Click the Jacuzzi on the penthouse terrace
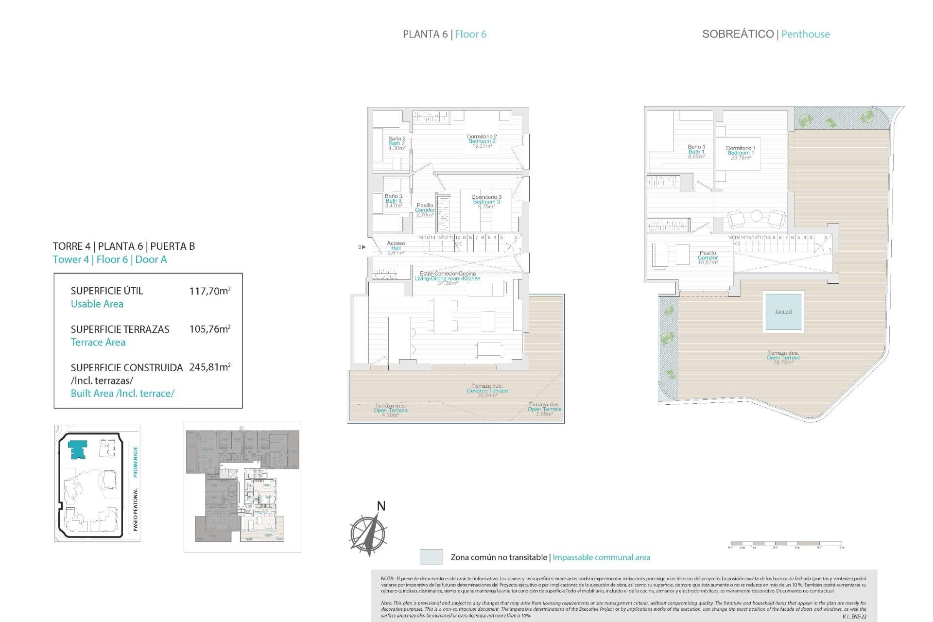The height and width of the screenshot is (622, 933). (x=783, y=311)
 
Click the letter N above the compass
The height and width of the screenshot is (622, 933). (x=381, y=506)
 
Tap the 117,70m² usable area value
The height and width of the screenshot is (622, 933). (x=209, y=291)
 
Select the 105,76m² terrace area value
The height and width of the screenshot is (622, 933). (x=209, y=329)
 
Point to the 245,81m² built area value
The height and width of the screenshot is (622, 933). (x=209, y=367)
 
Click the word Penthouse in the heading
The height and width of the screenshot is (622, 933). (x=805, y=34)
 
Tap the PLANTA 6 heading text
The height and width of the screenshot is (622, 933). (x=425, y=34)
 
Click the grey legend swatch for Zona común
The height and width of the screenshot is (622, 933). (x=431, y=557)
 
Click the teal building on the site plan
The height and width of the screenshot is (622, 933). (x=78, y=449)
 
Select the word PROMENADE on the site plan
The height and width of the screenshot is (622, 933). (x=136, y=462)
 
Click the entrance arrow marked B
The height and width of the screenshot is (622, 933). (x=362, y=247)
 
